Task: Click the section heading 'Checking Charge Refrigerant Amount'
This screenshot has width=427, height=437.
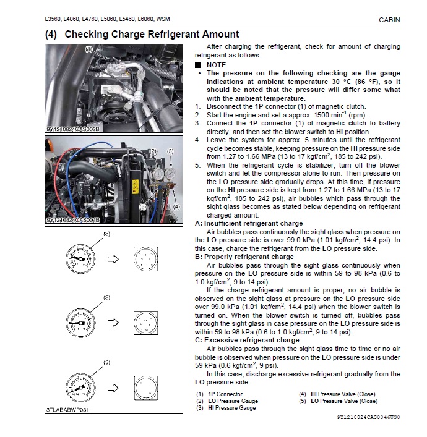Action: pyautogui.click(x=151, y=35)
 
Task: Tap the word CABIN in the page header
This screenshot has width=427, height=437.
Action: pyautogui.click(x=389, y=20)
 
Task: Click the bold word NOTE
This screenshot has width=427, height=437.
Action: pyautogui.click(x=216, y=65)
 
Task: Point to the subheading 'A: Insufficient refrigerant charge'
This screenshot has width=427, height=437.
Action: pyautogui.click(x=249, y=223)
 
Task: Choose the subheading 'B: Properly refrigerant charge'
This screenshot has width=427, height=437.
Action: pyautogui.click(x=244, y=257)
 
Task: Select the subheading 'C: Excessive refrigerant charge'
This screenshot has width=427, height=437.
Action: pyautogui.click(x=247, y=340)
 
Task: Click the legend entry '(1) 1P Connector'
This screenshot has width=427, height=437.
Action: pyautogui.click(x=220, y=394)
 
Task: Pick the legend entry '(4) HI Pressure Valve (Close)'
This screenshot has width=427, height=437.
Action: pyautogui.click(x=337, y=394)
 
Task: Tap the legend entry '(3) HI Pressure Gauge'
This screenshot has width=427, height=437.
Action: pyautogui.click(x=226, y=408)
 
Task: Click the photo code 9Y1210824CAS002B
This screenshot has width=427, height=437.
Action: pyautogui.click(x=73, y=130)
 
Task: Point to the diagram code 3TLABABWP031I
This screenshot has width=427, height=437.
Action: pyautogui.click(x=67, y=409)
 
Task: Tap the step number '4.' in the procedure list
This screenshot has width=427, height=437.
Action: pyautogui.click(x=197, y=140)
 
